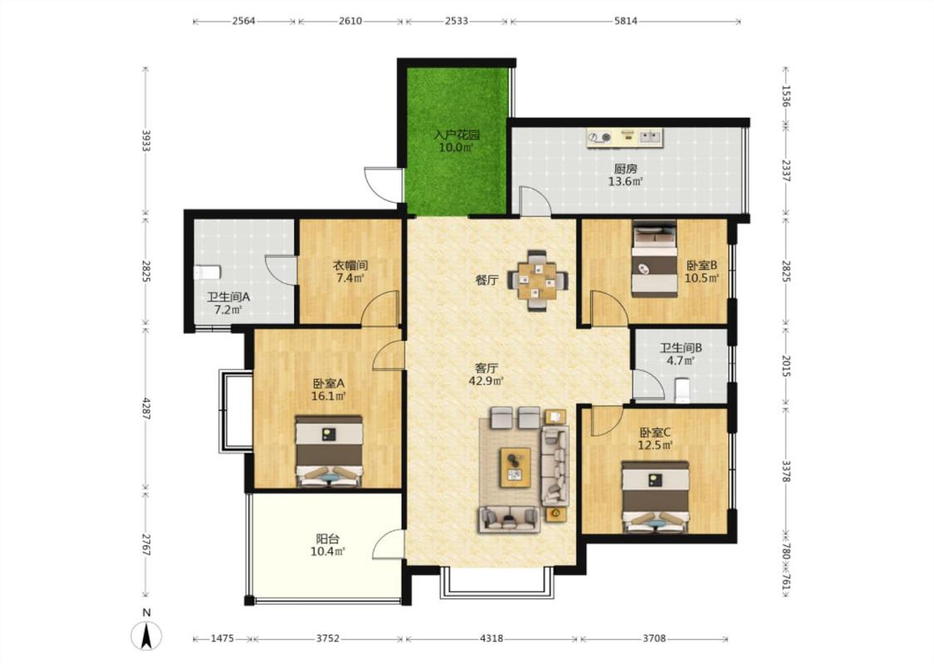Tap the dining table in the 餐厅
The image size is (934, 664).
click(x=538, y=280)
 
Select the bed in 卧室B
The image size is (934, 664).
click(x=654, y=258)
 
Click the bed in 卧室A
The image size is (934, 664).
click(x=330, y=452)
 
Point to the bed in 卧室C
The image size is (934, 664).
click(x=655, y=496)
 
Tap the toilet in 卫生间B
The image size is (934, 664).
click(x=682, y=389)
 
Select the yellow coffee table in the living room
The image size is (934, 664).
click(x=516, y=467)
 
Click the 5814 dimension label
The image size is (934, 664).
click(x=625, y=21)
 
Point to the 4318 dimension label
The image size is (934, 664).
click(x=491, y=638)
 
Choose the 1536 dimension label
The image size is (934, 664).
click(x=785, y=96)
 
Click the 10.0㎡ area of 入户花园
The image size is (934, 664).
click(x=456, y=147)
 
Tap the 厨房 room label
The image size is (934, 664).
click(x=625, y=169)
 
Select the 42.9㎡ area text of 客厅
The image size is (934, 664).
click(x=486, y=381)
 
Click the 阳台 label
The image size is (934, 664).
click(x=328, y=539)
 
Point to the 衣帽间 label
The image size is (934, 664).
click(x=350, y=265)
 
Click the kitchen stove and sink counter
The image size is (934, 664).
click(x=624, y=138)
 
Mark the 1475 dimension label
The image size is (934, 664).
click(x=222, y=638)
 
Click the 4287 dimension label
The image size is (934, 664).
click(x=146, y=407)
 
